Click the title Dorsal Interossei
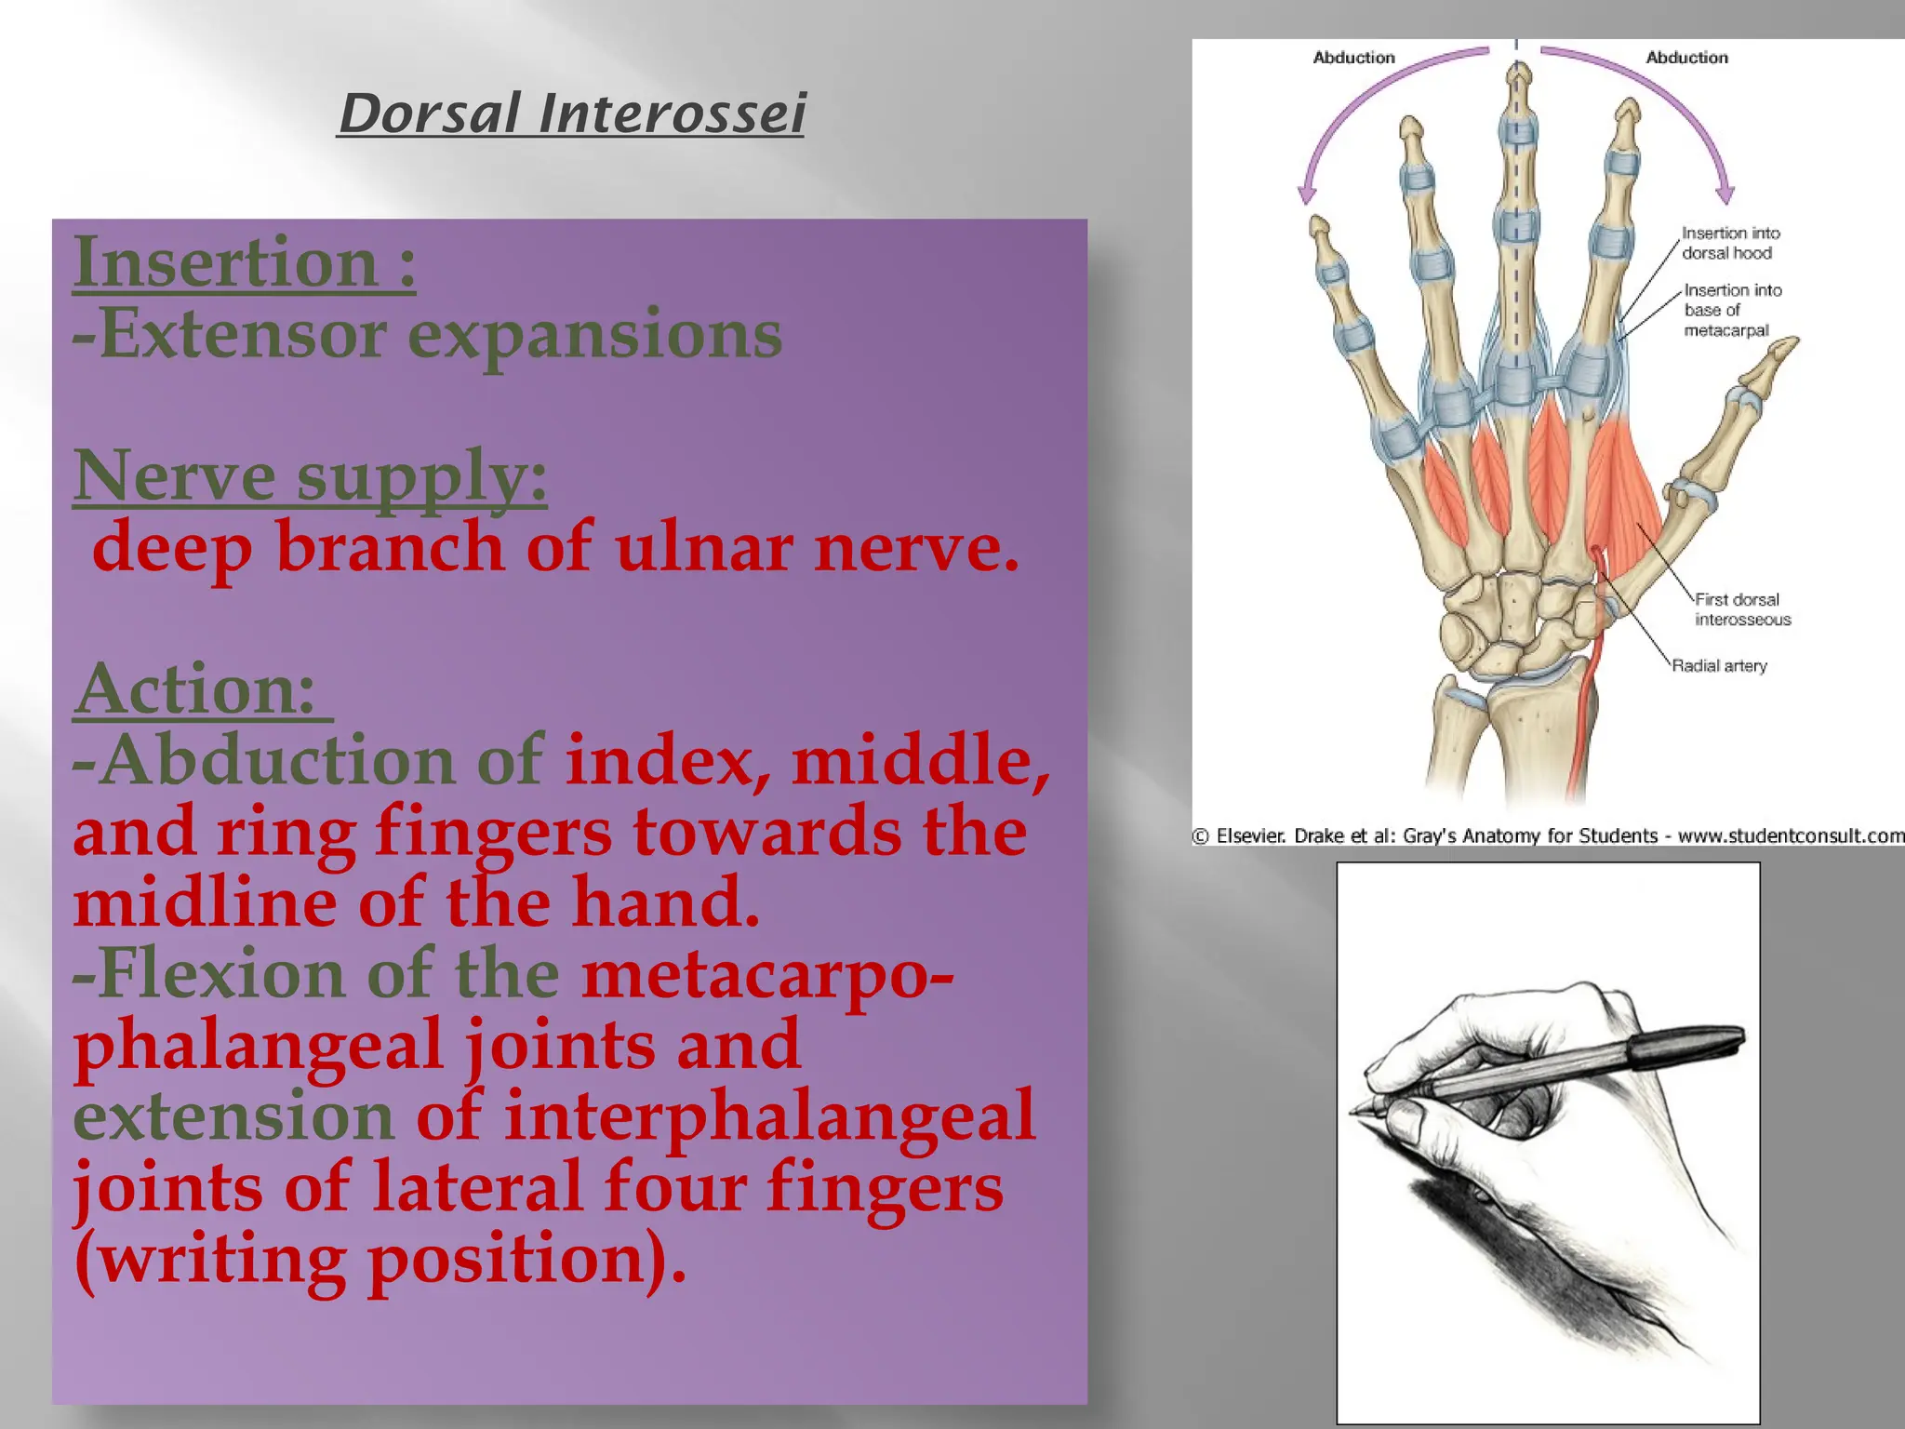(x=571, y=114)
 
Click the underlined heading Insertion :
(x=244, y=263)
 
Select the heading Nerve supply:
(x=310, y=476)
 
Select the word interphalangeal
(x=768, y=1115)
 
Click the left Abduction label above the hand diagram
(x=1353, y=58)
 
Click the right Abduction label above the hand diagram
(x=1686, y=58)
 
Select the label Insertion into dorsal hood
(x=1729, y=243)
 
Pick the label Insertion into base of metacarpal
(x=1731, y=310)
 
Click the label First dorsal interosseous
(x=1741, y=609)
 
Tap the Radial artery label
(x=1719, y=666)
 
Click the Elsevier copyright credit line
(x=1548, y=835)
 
